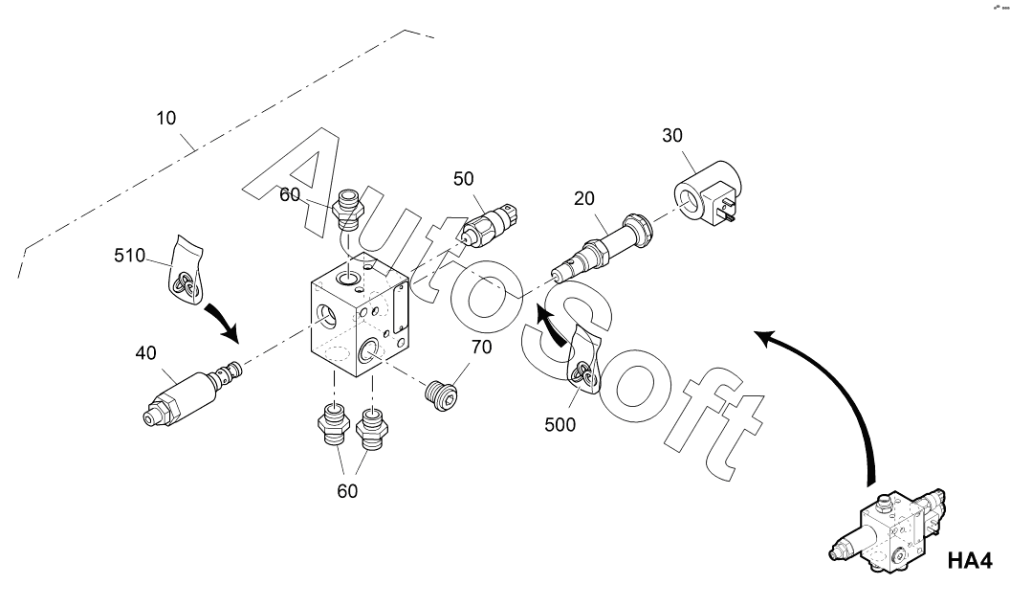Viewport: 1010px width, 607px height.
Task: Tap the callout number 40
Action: click(x=145, y=353)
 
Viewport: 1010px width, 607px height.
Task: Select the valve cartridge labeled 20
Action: click(x=603, y=245)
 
